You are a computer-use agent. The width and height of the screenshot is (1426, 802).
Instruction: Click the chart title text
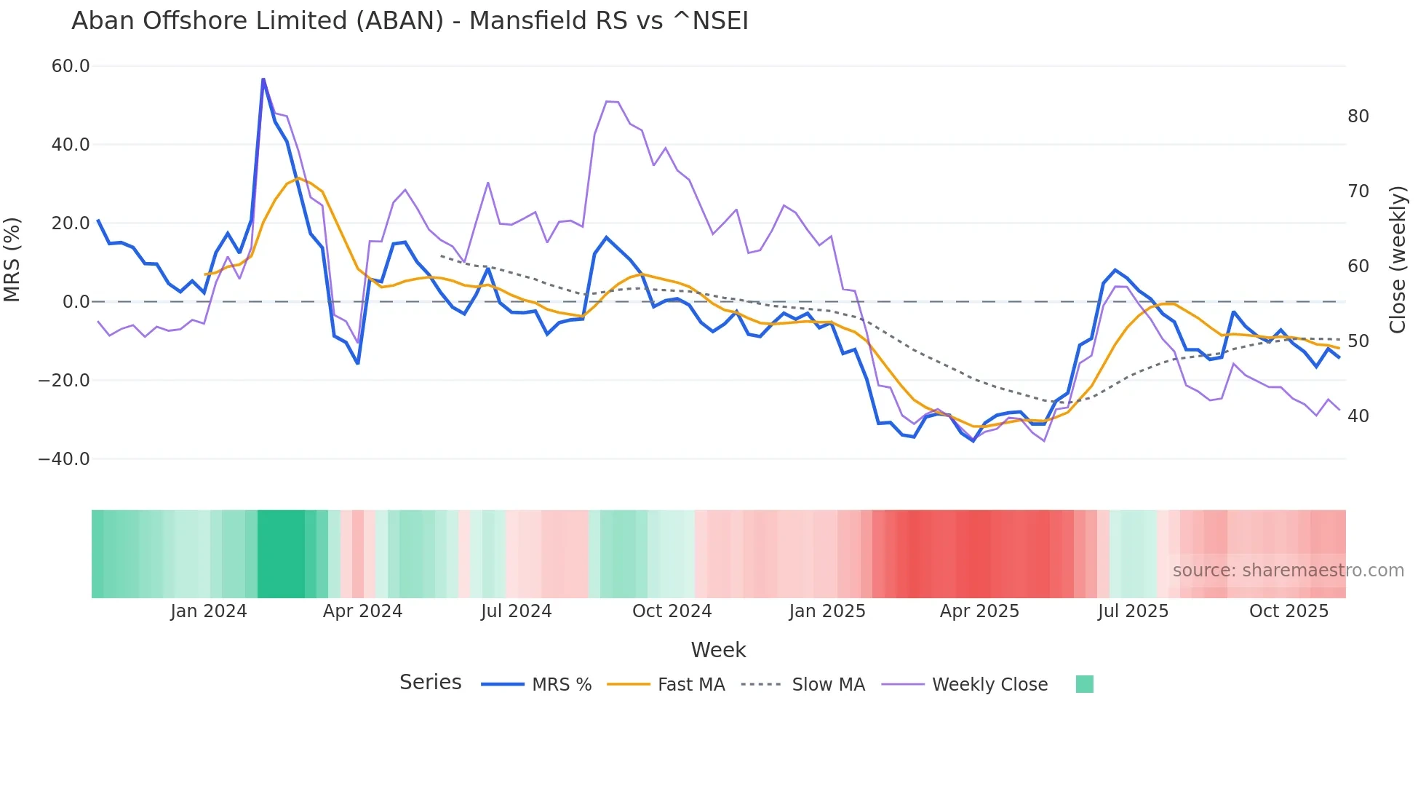click(x=410, y=21)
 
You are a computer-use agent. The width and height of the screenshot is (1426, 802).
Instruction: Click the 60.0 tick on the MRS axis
click(x=71, y=66)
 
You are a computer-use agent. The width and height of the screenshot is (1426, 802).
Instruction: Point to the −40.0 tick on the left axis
click(x=64, y=459)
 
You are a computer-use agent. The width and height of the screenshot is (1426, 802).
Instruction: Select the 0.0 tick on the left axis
click(x=76, y=302)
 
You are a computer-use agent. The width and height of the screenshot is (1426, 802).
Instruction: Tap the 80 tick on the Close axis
click(x=1358, y=116)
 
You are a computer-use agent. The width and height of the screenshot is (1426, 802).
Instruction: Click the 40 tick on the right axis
click(x=1358, y=416)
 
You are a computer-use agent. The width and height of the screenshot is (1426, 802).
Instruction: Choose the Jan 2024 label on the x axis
click(x=209, y=611)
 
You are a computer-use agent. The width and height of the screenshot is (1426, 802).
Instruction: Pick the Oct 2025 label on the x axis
click(x=1288, y=611)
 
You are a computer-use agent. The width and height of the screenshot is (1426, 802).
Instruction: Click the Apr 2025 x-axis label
click(x=979, y=611)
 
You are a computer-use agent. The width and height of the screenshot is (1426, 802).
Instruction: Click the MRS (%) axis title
click(x=12, y=259)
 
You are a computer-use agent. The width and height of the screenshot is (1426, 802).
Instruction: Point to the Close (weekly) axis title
click(x=1397, y=260)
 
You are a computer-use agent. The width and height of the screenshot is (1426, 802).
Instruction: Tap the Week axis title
click(x=718, y=650)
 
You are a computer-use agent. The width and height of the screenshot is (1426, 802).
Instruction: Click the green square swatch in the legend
click(x=1084, y=684)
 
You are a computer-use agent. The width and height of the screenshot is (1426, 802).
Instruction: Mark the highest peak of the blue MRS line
click(x=263, y=79)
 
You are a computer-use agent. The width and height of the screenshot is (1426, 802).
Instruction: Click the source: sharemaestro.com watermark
click(x=1288, y=571)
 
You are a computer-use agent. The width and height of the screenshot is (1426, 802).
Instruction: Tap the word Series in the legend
click(x=430, y=683)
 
